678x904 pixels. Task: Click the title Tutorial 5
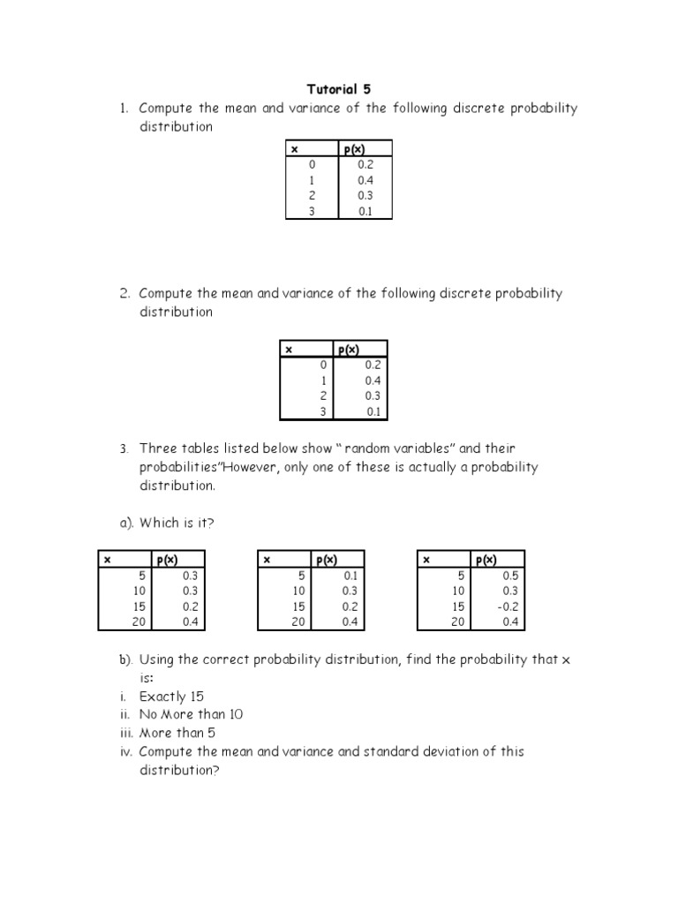[339, 89]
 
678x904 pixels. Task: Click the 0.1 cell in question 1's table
[365, 211]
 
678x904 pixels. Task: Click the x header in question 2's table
[288, 350]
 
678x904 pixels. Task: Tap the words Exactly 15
[171, 697]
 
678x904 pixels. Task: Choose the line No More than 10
[191, 714]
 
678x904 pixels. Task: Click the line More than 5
[177, 733]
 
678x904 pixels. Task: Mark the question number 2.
[126, 293]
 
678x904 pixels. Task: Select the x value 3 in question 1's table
[311, 211]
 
